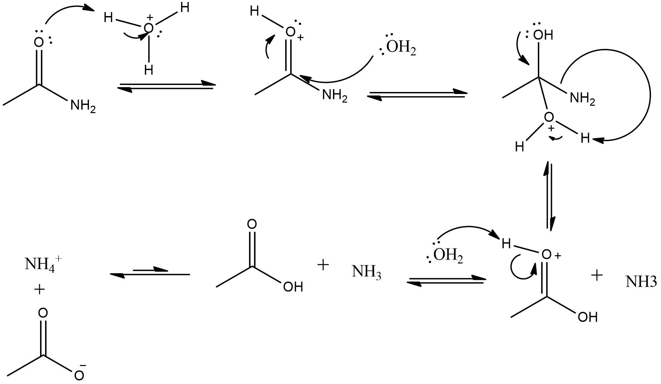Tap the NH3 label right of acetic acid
366,272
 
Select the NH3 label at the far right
641,282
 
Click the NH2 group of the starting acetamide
83,107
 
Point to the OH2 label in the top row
401,48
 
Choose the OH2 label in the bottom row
448,256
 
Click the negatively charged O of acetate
79,375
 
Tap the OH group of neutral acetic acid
293,287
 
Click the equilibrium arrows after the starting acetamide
167,85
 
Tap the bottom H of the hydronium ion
149,70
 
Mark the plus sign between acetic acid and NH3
323,265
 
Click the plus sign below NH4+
39,289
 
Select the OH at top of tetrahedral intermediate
543,35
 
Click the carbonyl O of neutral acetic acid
252,224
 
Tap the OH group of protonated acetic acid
587,317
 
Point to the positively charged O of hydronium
149,28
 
